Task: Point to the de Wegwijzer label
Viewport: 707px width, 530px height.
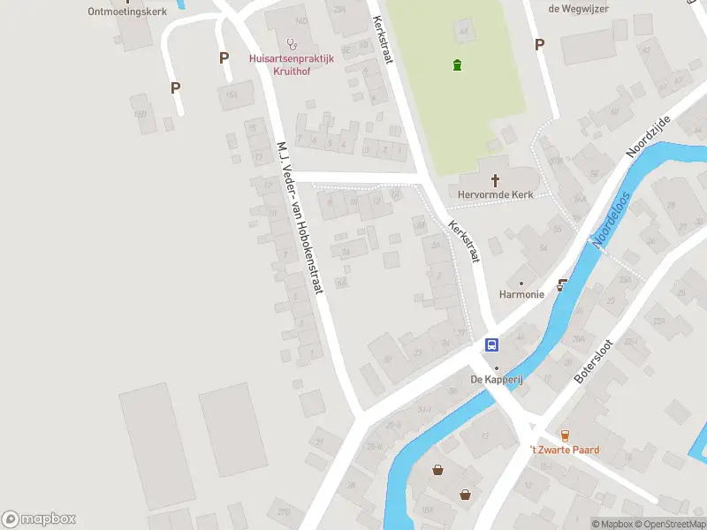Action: click(x=578, y=8)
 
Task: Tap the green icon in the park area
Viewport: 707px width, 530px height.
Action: click(x=456, y=64)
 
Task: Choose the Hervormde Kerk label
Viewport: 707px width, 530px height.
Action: click(x=495, y=193)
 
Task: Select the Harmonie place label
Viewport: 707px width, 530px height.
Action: click(x=521, y=294)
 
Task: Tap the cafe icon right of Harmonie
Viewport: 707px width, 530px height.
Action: click(x=562, y=285)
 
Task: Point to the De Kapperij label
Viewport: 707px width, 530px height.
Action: click(x=496, y=380)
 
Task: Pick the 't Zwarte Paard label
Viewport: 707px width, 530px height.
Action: click(x=565, y=450)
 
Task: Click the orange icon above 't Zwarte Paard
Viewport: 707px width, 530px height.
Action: click(x=565, y=435)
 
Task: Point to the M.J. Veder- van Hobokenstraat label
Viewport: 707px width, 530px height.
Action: click(x=302, y=216)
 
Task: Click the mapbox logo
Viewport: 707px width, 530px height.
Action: click(x=39, y=519)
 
